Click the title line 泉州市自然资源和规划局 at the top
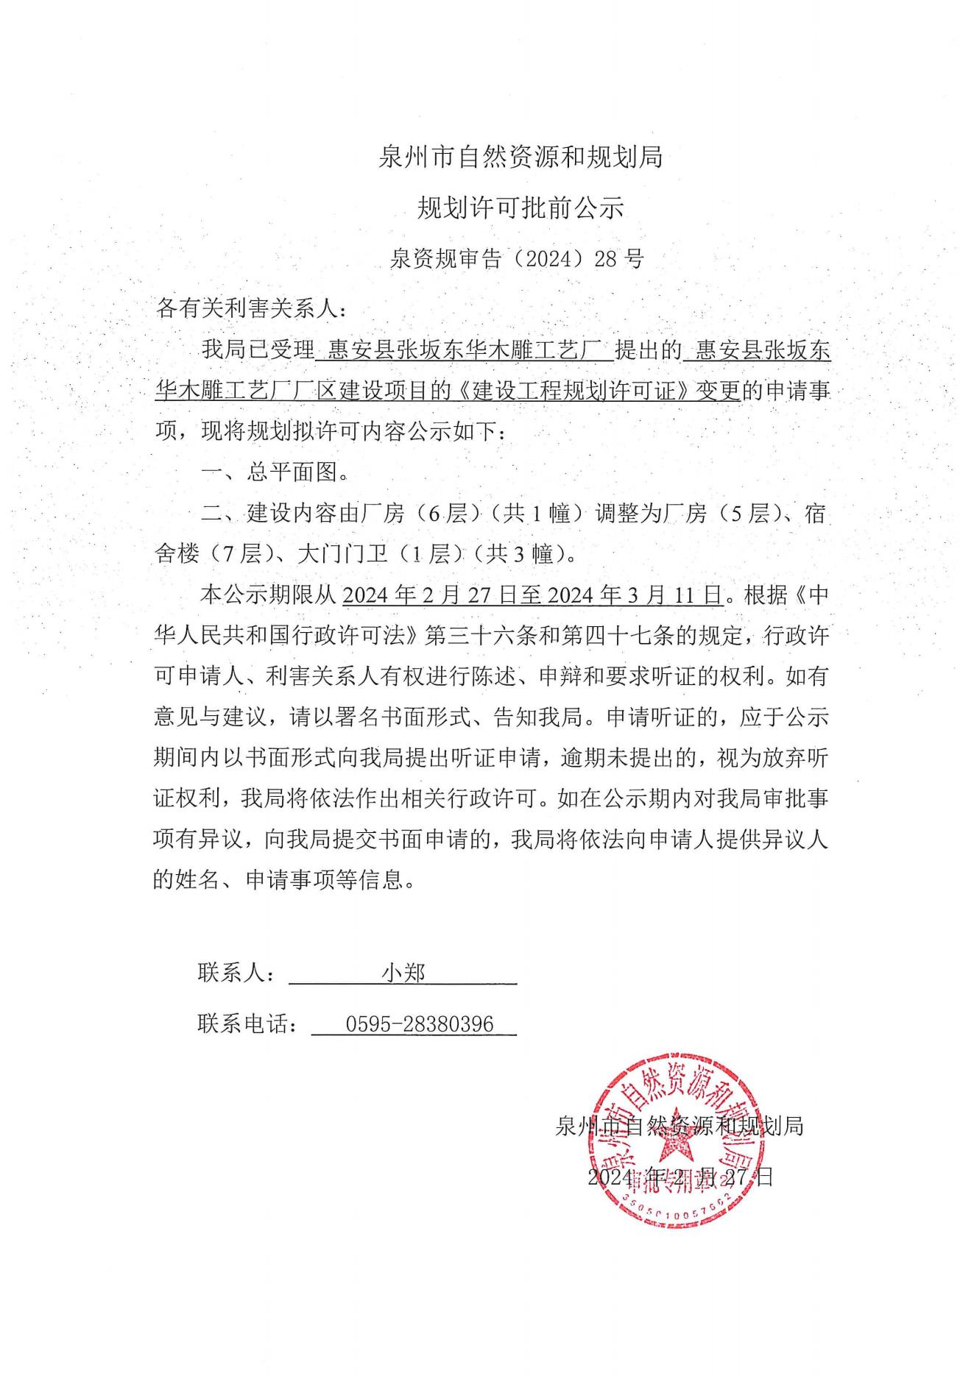click(x=520, y=157)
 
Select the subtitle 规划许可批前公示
click(x=520, y=208)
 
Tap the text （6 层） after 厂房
click(x=449, y=514)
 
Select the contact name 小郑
click(x=403, y=973)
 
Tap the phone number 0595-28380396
click(x=420, y=1024)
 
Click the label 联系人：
click(x=238, y=973)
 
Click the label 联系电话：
click(x=249, y=1024)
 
